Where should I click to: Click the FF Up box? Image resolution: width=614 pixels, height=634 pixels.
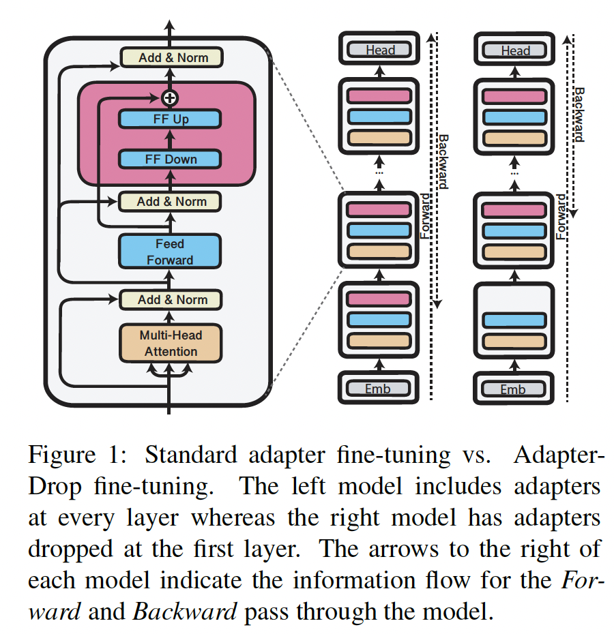(x=170, y=119)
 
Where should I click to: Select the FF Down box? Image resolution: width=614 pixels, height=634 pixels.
(x=170, y=160)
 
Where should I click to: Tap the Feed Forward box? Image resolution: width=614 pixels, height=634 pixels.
(x=170, y=252)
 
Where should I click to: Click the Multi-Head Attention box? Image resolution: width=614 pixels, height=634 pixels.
(x=170, y=343)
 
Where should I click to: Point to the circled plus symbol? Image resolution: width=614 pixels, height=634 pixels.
(x=170, y=97)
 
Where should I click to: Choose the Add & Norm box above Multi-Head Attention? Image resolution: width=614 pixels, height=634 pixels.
(x=170, y=299)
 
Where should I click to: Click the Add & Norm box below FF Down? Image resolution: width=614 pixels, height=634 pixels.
(x=170, y=202)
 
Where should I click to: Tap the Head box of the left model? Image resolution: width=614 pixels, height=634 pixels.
(x=380, y=50)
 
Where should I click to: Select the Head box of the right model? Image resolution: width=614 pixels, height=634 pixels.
(x=515, y=50)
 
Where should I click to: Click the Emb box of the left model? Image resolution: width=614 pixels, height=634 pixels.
(x=379, y=389)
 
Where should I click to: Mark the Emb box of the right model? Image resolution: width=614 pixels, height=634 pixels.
(x=514, y=389)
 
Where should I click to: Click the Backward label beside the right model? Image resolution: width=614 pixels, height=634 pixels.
(x=579, y=114)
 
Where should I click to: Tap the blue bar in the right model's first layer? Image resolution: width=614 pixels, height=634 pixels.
(x=514, y=320)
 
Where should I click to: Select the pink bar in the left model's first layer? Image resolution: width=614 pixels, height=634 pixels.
(x=379, y=299)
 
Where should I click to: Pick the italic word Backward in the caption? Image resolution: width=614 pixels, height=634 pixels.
(x=184, y=611)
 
